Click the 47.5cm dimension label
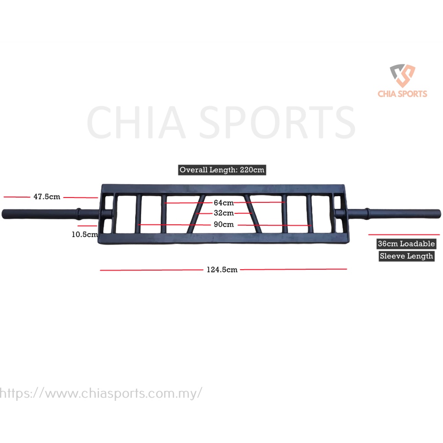pyautogui.click(x=47, y=197)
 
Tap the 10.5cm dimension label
pyautogui.click(x=84, y=234)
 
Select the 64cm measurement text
pyautogui.click(x=223, y=203)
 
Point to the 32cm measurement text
pyautogui.click(x=223, y=213)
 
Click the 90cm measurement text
pyautogui.click(x=223, y=224)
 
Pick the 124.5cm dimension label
pyautogui.click(x=222, y=270)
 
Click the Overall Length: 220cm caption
pyautogui.click(x=222, y=170)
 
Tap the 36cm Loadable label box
pyautogui.click(x=406, y=244)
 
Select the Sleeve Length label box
pyautogui.click(x=406, y=256)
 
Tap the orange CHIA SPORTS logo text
pyautogui.click(x=402, y=94)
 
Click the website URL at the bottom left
pyautogui.click(x=101, y=393)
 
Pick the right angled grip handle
pyautogui.click(x=253, y=213)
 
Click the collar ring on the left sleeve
pyautogui.click(x=79, y=213)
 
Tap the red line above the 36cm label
pyautogui.click(x=403, y=235)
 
